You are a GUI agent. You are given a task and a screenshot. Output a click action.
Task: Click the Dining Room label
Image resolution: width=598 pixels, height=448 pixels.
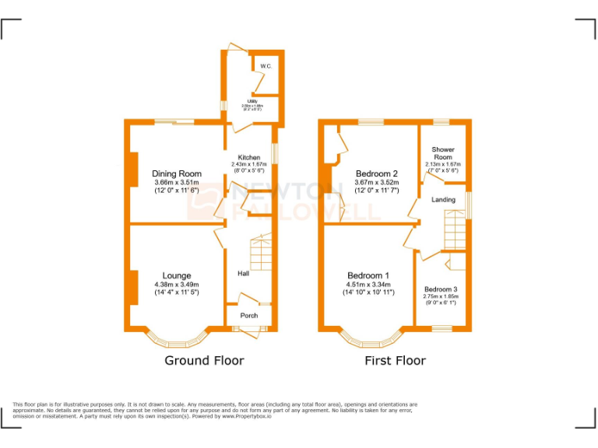click(x=177, y=173)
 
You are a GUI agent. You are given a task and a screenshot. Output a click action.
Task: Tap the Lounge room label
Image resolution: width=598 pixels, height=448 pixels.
click(x=177, y=275)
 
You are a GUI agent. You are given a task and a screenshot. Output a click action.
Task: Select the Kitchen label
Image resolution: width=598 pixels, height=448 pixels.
click(x=249, y=157)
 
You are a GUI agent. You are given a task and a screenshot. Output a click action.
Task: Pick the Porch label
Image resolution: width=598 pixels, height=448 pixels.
click(x=248, y=315)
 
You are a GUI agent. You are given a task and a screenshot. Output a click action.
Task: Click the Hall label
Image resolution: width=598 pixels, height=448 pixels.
click(x=243, y=274)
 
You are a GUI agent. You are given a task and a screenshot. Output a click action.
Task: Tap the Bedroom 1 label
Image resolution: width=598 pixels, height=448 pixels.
click(x=368, y=275)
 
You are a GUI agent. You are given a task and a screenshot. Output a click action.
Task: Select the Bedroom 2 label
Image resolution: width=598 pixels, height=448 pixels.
click(x=377, y=173)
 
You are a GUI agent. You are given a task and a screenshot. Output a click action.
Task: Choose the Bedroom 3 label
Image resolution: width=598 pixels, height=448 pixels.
click(x=441, y=289)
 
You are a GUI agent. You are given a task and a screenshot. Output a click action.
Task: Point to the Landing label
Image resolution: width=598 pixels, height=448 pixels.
click(x=443, y=200)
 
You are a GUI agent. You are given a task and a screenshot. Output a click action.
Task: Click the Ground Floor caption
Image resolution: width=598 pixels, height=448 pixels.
click(x=204, y=361)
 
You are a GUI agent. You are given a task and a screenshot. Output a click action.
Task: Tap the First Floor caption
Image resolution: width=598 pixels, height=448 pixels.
click(x=395, y=361)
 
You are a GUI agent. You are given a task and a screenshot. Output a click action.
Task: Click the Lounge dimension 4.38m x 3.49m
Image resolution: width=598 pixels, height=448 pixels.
click(x=177, y=285)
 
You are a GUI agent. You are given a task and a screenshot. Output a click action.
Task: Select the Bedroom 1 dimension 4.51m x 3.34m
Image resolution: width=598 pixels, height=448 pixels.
click(x=368, y=285)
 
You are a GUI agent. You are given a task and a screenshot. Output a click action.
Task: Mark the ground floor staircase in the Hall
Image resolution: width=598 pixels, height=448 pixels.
click(x=261, y=253)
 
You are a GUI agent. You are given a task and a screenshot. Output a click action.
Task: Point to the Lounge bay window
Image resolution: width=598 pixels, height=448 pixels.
click(x=178, y=341)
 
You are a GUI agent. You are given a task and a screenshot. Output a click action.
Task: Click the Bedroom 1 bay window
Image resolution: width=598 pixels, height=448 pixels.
click(x=370, y=341)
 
